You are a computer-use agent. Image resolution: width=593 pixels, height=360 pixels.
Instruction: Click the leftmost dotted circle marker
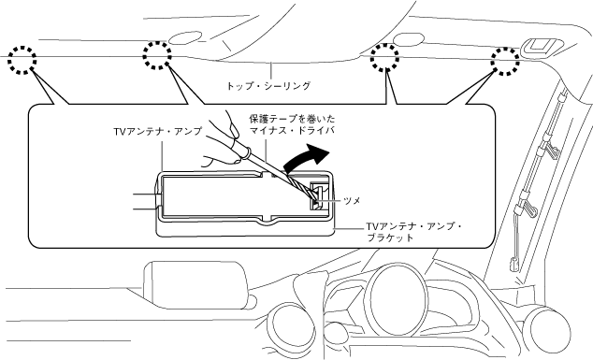[x=22, y=49]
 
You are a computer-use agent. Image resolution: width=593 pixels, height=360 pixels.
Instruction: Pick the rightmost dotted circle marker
[x=505, y=50]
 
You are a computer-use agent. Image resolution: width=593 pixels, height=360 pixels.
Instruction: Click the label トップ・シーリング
[x=268, y=86]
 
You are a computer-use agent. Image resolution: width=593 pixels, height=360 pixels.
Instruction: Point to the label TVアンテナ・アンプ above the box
[x=158, y=131]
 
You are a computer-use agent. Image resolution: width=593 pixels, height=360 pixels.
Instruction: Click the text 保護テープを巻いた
[x=292, y=119]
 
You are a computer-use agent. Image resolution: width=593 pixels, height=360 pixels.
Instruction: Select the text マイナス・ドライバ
[x=292, y=131]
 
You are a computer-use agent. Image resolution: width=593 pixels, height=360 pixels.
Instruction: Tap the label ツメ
[x=352, y=200]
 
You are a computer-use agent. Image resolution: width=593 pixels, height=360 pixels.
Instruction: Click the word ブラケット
[x=390, y=238]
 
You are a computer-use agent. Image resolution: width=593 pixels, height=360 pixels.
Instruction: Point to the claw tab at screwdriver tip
[x=317, y=194]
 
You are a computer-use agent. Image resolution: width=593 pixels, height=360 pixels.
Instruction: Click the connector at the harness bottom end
[x=513, y=264]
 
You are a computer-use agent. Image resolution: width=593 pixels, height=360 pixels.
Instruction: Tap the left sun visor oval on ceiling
[x=185, y=36]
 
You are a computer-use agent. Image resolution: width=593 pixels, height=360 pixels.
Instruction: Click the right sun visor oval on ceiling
[x=409, y=38]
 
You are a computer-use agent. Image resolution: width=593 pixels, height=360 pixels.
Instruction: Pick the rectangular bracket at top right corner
[x=541, y=46]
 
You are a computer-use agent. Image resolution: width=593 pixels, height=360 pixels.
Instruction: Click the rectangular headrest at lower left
[x=195, y=284]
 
